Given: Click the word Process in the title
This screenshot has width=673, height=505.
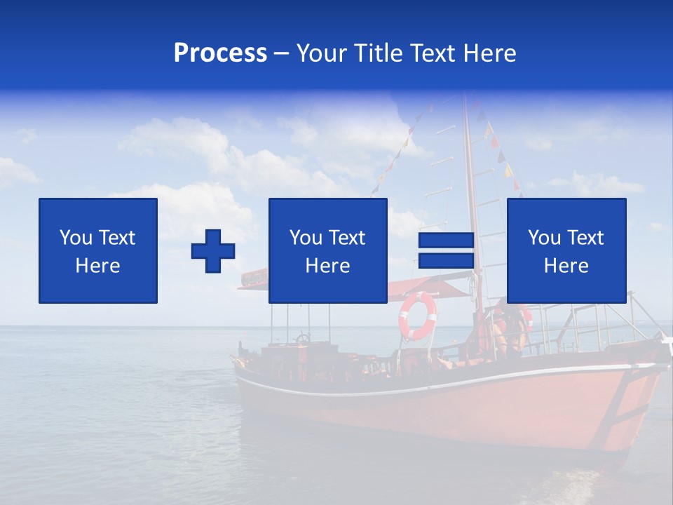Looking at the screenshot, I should (x=220, y=53).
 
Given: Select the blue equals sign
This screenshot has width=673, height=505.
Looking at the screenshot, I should (x=446, y=251).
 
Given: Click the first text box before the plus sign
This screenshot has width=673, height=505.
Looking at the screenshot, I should (x=98, y=251).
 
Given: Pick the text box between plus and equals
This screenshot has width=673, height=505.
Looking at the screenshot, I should (x=327, y=251).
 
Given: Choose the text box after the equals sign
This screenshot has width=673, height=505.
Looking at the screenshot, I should (x=566, y=251).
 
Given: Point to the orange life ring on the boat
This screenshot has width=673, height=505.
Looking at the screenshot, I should (x=417, y=316).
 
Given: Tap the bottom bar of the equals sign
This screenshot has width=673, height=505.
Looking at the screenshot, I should (x=446, y=261).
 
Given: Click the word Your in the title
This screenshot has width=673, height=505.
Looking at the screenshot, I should (x=322, y=53).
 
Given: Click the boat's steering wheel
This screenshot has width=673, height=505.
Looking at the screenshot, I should (x=303, y=339).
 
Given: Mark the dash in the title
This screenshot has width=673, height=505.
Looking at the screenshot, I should (x=281, y=54).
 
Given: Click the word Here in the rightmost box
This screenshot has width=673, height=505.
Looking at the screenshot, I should (x=566, y=266).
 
